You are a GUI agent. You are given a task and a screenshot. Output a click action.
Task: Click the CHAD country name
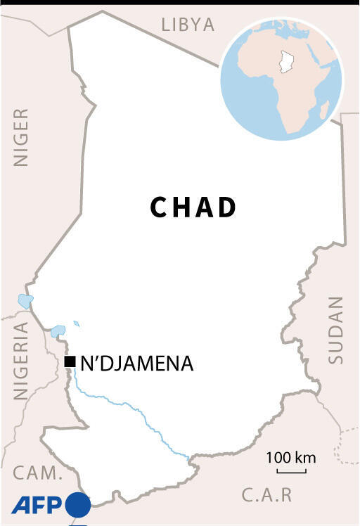[x=193, y=207]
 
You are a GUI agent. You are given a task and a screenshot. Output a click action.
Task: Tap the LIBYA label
[x=188, y=25]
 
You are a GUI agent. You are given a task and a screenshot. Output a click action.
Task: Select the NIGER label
[x=21, y=137]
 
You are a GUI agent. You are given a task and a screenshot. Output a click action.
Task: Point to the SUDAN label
[x=336, y=330]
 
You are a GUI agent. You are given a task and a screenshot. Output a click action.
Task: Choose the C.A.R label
[x=266, y=495]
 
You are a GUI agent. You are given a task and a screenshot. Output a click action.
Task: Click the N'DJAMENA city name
[x=136, y=364]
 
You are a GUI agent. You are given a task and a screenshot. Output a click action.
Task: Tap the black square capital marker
[x=70, y=362]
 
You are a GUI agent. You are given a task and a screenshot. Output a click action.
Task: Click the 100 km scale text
[x=290, y=458]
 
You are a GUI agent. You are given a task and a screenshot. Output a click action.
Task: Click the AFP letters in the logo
[x=37, y=504]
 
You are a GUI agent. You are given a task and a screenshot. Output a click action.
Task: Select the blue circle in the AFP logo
[x=78, y=505]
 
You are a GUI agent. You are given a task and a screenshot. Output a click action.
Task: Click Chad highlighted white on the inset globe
[x=285, y=61]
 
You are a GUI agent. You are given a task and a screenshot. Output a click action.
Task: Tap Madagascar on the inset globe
[x=324, y=109]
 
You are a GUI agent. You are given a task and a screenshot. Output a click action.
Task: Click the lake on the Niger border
[x=26, y=302]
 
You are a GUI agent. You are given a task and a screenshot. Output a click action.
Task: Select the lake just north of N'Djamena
[x=58, y=330]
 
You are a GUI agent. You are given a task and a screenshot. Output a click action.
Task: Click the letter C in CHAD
[x=159, y=207]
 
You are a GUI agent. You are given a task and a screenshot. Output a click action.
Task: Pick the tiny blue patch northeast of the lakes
[x=76, y=323]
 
